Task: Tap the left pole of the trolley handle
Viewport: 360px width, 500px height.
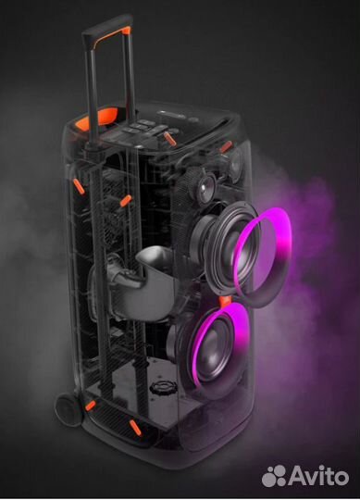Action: pyautogui.click(x=93, y=139)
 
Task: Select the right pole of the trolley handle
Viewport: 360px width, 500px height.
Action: pyautogui.click(x=122, y=111)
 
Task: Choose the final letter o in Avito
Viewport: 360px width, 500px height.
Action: pyautogui.click(x=343, y=477)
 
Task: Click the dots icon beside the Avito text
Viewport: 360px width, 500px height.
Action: pyautogui.click(x=273, y=476)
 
